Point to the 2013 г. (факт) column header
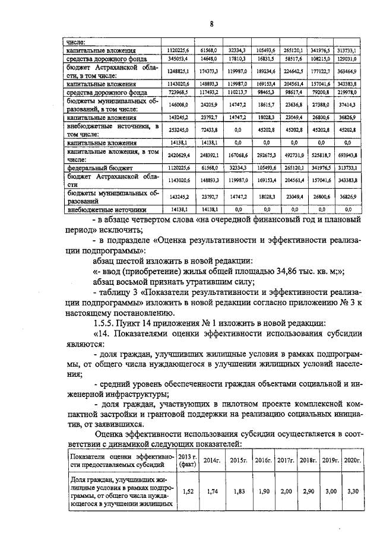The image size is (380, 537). pyautogui.click(x=188, y=460)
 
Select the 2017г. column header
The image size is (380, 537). pyautogui.click(x=286, y=460)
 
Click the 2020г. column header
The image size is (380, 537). pyautogui.click(x=353, y=460)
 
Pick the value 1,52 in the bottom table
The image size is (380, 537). pyautogui.click(x=188, y=491)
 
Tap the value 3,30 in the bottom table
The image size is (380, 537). pyautogui.click(x=353, y=491)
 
